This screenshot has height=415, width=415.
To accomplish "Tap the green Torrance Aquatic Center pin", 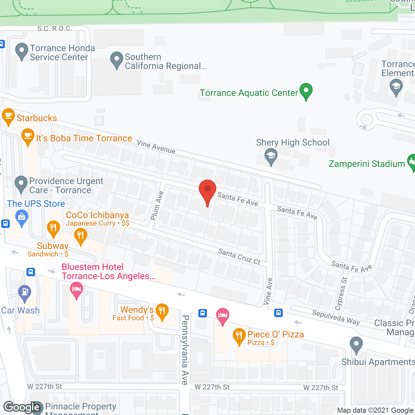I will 306,91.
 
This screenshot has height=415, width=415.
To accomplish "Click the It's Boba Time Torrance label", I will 84,138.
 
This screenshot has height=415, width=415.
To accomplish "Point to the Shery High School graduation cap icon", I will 271,156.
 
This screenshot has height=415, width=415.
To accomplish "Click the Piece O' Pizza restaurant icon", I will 239,336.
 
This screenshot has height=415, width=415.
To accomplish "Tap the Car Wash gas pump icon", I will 25,292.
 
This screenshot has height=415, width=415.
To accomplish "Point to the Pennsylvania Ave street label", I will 185,350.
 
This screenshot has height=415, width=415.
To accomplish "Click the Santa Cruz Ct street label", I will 239,257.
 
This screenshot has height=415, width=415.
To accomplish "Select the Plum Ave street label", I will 157,206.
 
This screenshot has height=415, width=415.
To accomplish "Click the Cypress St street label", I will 341,293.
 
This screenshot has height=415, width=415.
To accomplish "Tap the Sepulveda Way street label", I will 336,317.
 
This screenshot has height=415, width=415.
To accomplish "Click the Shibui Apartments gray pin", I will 356,345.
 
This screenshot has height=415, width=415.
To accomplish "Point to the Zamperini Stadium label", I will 367,164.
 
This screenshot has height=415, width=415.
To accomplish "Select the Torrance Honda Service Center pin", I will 22,51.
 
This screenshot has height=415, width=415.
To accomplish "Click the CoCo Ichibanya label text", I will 97,215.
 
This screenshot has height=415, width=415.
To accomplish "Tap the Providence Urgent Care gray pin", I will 21,184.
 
